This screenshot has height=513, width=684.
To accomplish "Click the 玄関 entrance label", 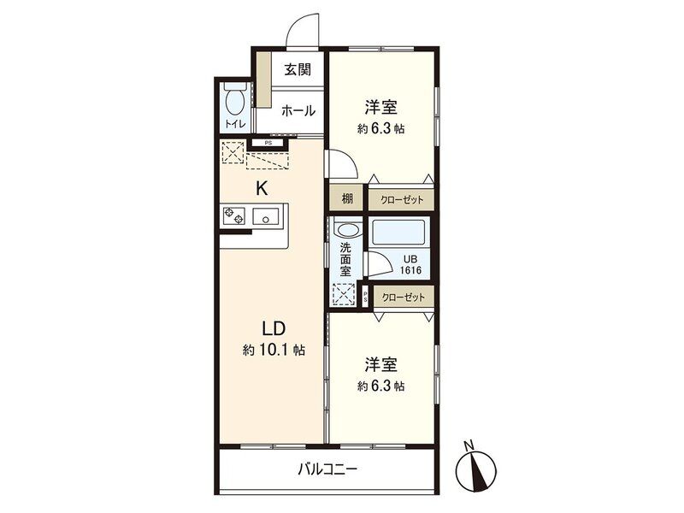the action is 298,69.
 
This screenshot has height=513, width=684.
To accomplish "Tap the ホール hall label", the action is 298,111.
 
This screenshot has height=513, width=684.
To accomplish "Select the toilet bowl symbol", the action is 235,100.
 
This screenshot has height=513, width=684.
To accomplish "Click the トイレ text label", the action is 236,124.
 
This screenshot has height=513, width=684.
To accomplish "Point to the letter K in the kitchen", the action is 262,188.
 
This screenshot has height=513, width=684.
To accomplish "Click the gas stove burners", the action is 233,215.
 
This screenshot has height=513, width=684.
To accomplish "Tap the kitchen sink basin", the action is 266,216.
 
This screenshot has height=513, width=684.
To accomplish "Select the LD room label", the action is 274,328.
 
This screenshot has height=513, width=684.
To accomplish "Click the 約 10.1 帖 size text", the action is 274,350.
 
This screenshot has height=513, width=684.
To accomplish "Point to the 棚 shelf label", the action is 347,199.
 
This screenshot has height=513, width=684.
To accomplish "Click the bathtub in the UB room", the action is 398,233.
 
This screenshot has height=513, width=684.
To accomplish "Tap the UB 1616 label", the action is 410,265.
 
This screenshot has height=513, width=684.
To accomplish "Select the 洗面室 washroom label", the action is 345,260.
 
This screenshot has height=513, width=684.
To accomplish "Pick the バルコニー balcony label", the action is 327,469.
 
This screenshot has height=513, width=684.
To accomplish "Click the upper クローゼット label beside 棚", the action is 402,200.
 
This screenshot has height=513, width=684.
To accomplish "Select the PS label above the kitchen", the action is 268,143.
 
